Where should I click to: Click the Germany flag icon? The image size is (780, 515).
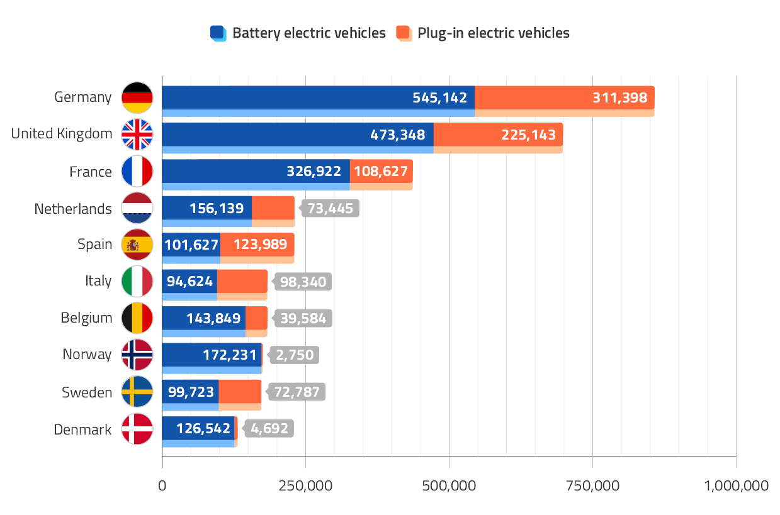click(137, 97)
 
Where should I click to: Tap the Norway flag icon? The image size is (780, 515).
click(137, 355)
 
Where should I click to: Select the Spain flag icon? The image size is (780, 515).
click(137, 245)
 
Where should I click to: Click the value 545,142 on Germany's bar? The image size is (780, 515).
click(439, 97)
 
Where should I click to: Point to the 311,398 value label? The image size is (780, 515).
click(619, 97)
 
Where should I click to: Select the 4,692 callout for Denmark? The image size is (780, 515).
click(269, 429)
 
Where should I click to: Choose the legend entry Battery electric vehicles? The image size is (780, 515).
click(298, 33)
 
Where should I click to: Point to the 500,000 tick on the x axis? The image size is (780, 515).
click(449, 485)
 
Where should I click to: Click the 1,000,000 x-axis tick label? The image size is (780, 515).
click(735, 485)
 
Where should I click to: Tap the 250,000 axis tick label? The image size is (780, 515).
click(305, 485)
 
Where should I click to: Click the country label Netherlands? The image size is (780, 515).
click(73, 208)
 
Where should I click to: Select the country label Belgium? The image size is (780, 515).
click(86, 318)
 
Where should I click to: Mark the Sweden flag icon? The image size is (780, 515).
click(137, 392)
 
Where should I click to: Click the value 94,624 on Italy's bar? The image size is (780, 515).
click(189, 282)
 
